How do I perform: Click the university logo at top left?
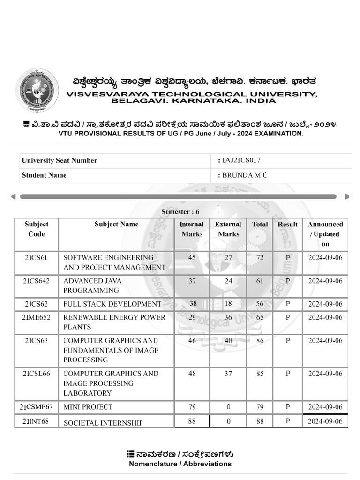click(x=37, y=90)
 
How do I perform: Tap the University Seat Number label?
click(x=59, y=160)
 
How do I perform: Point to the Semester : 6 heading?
click(x=180, y=212)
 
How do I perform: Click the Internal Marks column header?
click(x=192, y=229)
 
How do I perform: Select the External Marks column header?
click(x=228, y=229)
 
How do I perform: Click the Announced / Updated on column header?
click(x=325, y=234)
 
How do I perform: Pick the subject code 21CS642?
click(x=36, y=281)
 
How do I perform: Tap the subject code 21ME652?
click(x=36, y=317)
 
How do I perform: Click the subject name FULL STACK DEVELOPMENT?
click(x=112, y=304)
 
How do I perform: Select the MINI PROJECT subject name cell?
click(x=88, y=407)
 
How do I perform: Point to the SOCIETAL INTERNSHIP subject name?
click(x=103, y=423)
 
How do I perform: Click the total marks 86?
click(x=260, y=341)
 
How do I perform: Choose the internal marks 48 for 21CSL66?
click(x=192, y=374)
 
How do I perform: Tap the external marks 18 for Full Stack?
click(x=228, y=304)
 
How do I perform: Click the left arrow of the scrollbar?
click(x=14, y=196)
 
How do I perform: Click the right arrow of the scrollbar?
click(x=347, y=196)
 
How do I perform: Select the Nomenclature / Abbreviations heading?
click(x=180, y=464)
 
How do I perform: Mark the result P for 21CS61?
click(x=288, y=258)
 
